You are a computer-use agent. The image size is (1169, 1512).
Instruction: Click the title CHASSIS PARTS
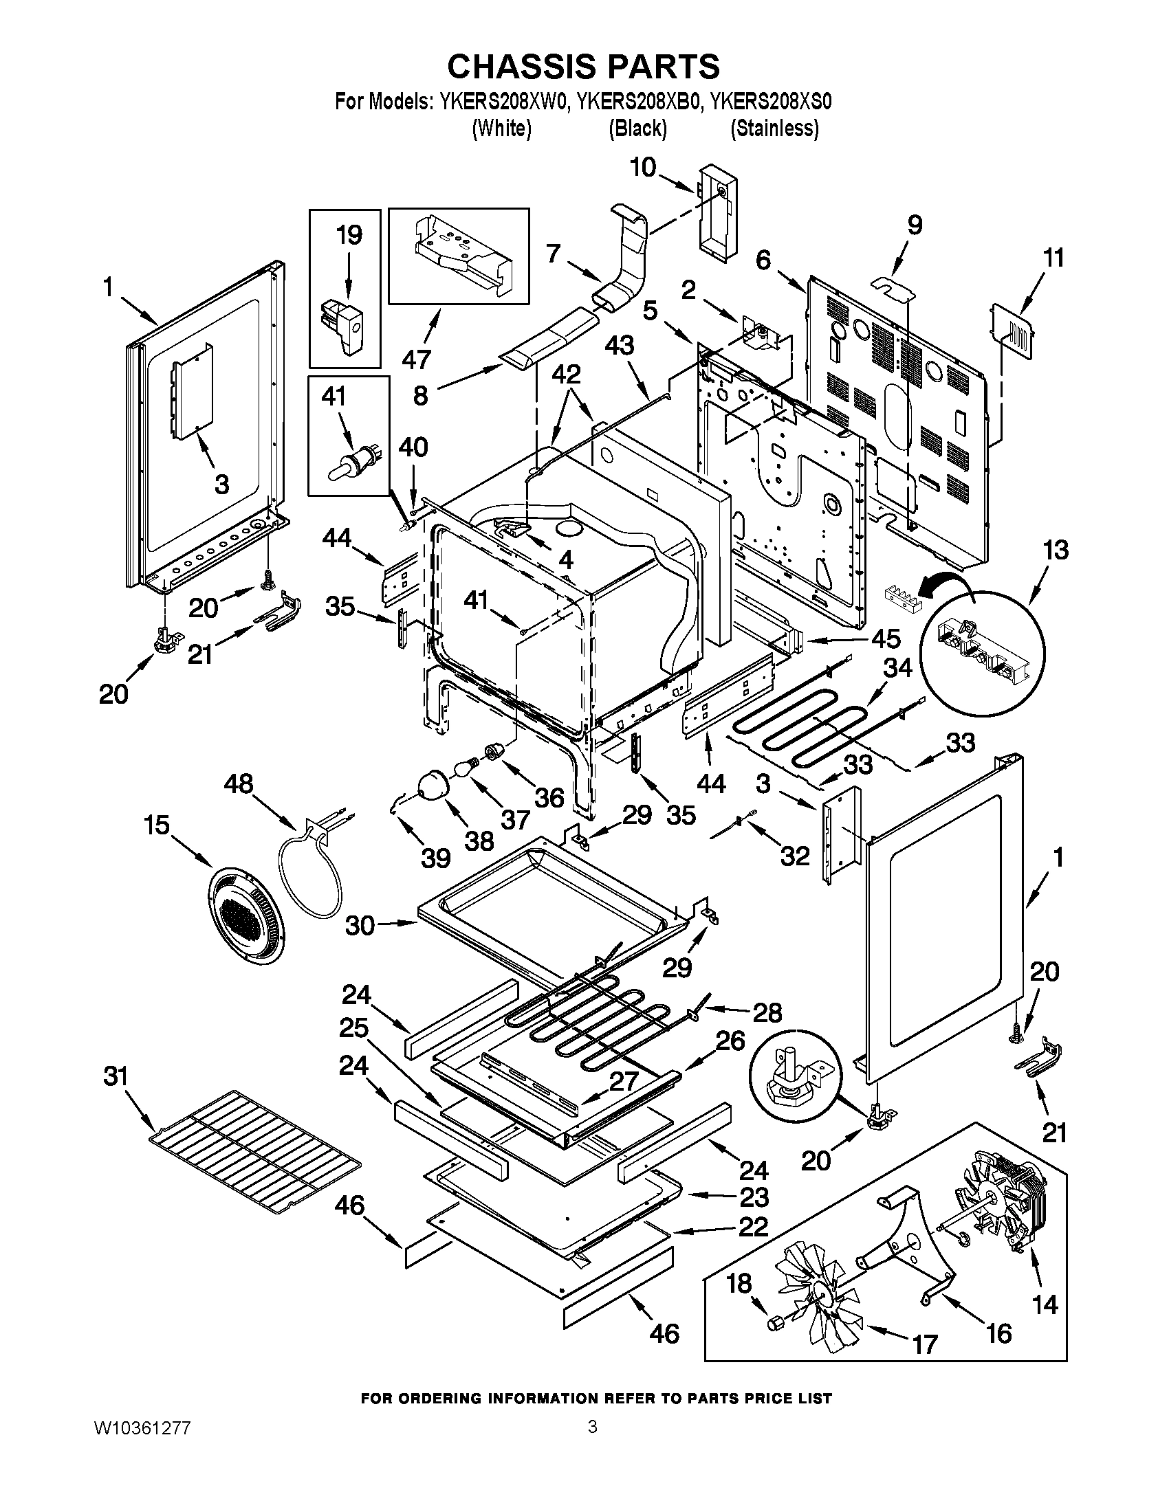(583, 67)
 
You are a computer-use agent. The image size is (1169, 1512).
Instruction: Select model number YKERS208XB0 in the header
(638, 102)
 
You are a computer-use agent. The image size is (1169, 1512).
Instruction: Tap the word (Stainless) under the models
(774, 129)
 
